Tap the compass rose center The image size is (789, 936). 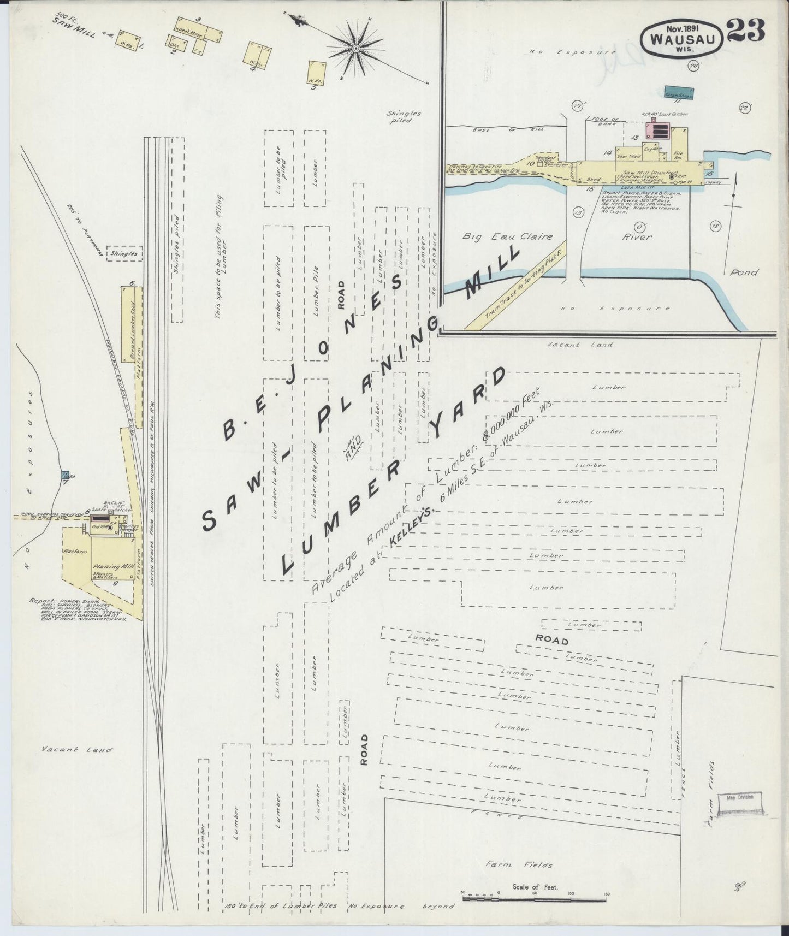355,49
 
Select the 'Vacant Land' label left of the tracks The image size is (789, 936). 76,750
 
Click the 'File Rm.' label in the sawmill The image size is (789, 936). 679,154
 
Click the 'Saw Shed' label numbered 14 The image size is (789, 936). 628,156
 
